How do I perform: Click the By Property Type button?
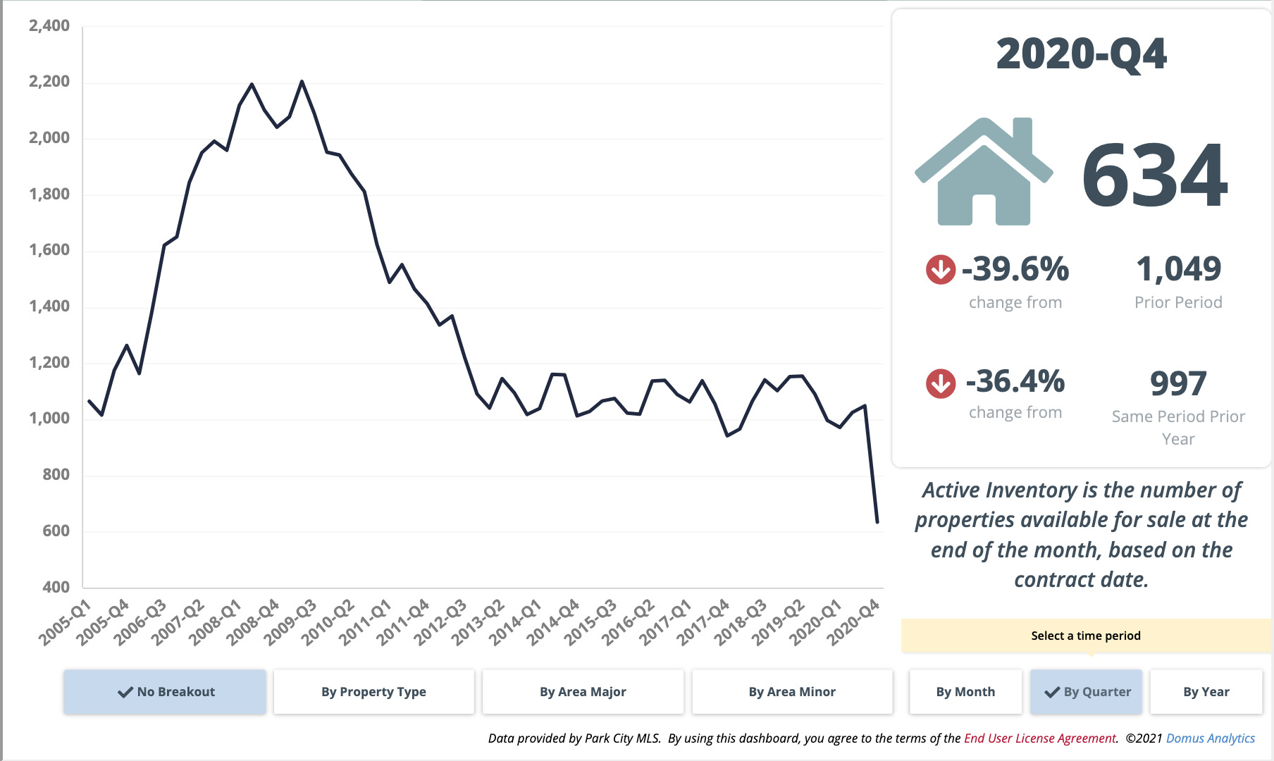pos(373,692)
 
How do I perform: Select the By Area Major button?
pos(583,692)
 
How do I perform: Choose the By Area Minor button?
pos(792,692)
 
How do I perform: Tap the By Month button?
pos(965,692)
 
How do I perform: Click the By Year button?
pos(1206,692)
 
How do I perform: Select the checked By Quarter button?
pos(1087,692)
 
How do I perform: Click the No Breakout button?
pos(165,692)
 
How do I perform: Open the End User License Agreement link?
pos(1039,738)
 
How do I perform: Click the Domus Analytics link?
pos(1210,738)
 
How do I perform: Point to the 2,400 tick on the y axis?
pos(49,26)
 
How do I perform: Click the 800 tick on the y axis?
pos(56,474)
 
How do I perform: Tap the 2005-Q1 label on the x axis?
pos(65,623)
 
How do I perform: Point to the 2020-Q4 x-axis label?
pos(853,623)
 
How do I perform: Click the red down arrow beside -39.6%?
pos(940,269)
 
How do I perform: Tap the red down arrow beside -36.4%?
pos(940,383)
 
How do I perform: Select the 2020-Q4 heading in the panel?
pos(1081,54)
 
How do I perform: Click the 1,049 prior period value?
pos(1178,269)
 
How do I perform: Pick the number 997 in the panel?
pos(1178,383)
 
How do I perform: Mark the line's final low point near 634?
pos(877,522)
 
